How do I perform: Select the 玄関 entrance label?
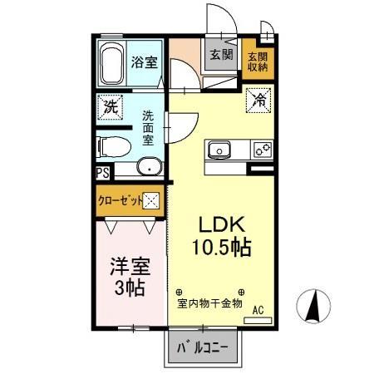[219, 56]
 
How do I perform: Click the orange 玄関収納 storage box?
[257, 62]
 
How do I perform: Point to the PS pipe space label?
[102, 173]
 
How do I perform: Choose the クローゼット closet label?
[120, 200]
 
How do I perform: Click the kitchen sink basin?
[220, 150]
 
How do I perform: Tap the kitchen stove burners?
[263, 150]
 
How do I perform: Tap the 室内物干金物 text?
[209, 303]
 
